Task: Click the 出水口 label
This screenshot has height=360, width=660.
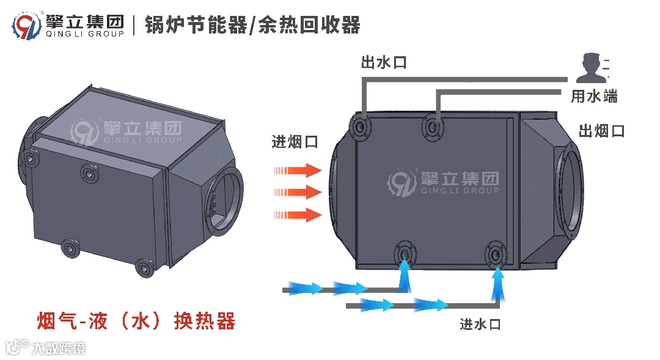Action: click(384, 62)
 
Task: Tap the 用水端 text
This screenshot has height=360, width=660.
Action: click(594, 97)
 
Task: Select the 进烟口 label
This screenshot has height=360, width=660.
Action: click(295, 142)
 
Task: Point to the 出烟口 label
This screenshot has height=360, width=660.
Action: click(602, 131)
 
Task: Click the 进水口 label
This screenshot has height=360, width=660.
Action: click(480, 325)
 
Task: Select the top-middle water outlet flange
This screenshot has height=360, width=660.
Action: click(434, 127)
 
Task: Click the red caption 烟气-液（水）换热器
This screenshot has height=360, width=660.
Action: click(136, 320)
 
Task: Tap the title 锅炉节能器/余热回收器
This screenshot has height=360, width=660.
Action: click(253, 25)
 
